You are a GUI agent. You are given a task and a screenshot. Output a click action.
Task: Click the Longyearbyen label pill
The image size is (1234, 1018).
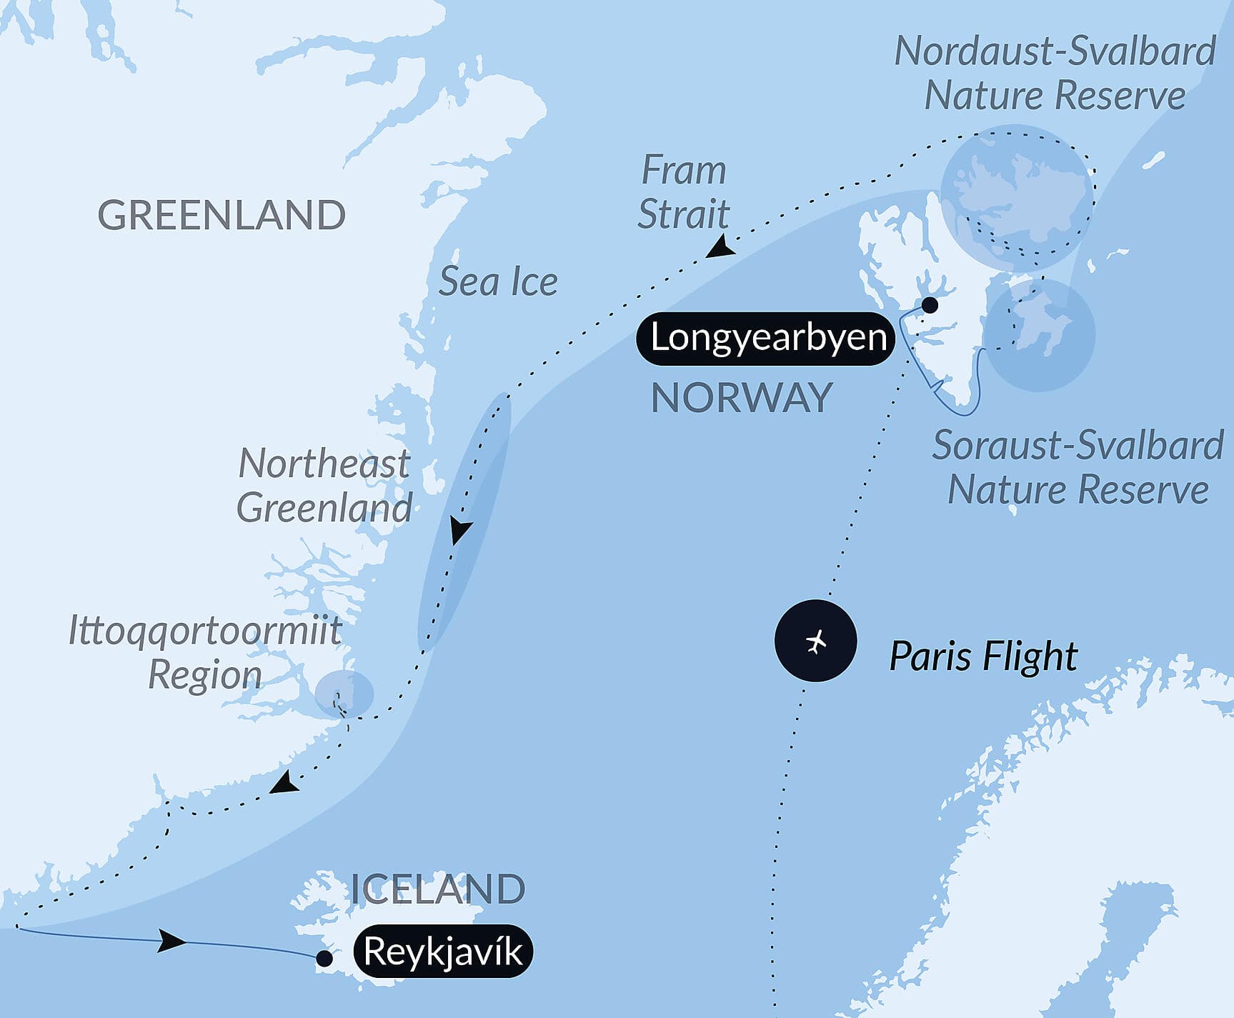tap(766, 338)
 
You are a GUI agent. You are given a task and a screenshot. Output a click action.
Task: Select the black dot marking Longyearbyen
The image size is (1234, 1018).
tap(930, 306)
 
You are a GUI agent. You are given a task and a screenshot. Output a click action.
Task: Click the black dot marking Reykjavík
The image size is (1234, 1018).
tap(324, 959)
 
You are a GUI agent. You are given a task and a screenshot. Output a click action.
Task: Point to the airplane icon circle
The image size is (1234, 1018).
tap(815, 641)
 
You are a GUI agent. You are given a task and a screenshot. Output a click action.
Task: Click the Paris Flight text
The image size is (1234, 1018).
tap(982, 657)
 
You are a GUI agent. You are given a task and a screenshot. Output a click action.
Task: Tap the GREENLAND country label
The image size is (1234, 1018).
tap(222, 215)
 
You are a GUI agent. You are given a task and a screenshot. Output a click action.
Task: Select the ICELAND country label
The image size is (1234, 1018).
tap(437, 889)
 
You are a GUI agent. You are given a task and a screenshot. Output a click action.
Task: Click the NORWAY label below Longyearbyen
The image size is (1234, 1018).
tap(742, 398)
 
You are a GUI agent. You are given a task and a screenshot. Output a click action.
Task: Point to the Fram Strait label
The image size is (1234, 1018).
tap(683, 192)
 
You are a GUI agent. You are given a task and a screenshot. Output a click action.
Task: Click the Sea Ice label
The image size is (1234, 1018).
tap(498, 281)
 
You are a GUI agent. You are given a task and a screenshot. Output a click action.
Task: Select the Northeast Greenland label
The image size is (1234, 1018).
tap(324, 486)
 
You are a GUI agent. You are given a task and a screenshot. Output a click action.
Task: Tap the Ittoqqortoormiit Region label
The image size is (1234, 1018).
tap(206, 653)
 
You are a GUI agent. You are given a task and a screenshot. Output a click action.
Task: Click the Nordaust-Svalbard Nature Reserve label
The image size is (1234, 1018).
tap(1055, 73)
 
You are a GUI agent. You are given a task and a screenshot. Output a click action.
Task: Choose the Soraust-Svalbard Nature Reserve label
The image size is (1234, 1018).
tap(1078, 467)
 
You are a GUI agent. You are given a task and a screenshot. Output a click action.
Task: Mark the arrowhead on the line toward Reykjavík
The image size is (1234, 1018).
tap(171, 941)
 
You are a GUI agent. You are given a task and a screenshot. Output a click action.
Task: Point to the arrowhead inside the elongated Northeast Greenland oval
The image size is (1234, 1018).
tap(461, 532)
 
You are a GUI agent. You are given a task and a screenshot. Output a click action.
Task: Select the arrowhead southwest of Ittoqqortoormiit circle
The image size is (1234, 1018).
tap(284, 783)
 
